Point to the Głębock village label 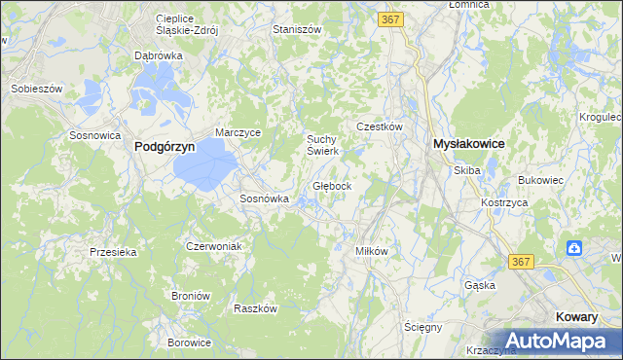pos(339,185)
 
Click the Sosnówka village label pos(264,198)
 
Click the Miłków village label pos(372,250)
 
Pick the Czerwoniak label pos(213,246)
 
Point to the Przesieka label pos(113,251)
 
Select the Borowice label pos(189,342)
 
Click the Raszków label pos(256,308)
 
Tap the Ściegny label pos(423,327)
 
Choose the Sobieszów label pos(36,88)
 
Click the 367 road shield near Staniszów pos(391,19)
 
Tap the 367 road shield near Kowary pos(522,262)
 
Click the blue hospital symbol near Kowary pos(574,247)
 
